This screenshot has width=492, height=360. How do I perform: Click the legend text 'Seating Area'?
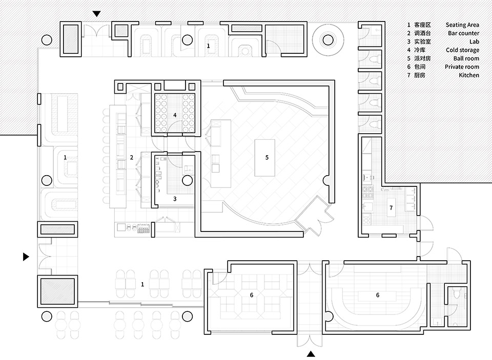coord(462,25)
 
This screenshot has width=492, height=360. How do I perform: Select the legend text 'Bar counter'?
coord(463,33)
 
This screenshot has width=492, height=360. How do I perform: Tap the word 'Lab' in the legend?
coord(474,41)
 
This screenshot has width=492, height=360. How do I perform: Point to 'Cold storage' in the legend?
coord(462,50)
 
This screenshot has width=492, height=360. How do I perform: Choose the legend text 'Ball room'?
coord(466,58)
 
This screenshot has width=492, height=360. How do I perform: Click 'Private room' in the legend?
coord(462,67)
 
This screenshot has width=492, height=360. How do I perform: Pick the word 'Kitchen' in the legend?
coord(469,75)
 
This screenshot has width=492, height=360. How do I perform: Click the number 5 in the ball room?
coord(267,157)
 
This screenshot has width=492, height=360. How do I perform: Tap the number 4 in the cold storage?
coord(175,115)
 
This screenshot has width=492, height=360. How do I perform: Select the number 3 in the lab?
coord(175,198)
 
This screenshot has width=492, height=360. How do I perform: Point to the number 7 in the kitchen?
coord(391,207)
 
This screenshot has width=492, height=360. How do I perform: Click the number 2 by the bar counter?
coord(132,157)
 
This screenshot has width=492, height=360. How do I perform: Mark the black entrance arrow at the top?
coord(96,14)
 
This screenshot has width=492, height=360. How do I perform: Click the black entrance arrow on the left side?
coord(26,257)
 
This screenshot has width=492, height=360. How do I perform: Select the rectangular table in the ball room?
coord(265,157)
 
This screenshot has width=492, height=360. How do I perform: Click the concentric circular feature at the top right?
coord(327,37)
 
